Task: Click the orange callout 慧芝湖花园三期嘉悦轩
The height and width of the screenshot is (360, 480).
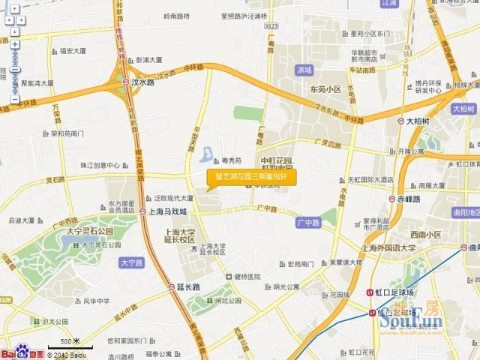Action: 251,178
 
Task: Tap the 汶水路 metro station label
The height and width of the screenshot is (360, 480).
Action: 147,82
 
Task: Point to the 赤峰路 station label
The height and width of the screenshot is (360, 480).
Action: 409,199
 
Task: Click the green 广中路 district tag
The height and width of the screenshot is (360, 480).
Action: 308,223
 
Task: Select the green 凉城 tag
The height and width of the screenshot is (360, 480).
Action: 304,70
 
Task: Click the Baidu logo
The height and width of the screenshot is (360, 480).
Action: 22,353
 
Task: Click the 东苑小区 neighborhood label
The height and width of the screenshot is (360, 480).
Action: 325,89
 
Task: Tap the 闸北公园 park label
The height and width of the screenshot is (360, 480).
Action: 224,301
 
